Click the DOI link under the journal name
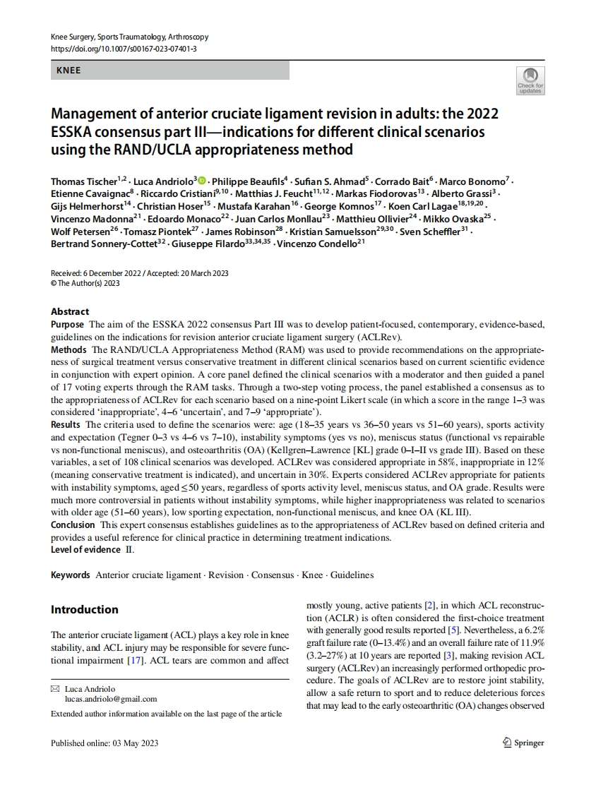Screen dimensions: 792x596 [124, 49]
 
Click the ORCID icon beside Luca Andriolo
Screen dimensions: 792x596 [203, 181]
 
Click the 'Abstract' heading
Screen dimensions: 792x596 [70, 311]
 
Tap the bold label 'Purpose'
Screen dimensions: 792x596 [67, 323]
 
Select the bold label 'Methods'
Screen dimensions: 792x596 [68, 349]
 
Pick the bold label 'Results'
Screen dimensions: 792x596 [66, 424]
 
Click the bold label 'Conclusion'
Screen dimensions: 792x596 [73, 524]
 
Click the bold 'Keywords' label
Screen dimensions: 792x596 [71, 575]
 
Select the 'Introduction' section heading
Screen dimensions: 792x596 [85, 609]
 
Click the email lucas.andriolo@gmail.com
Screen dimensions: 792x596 [111, 699]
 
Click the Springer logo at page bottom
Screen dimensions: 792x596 [523, 742]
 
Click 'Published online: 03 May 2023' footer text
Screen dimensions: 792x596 [105, 743]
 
